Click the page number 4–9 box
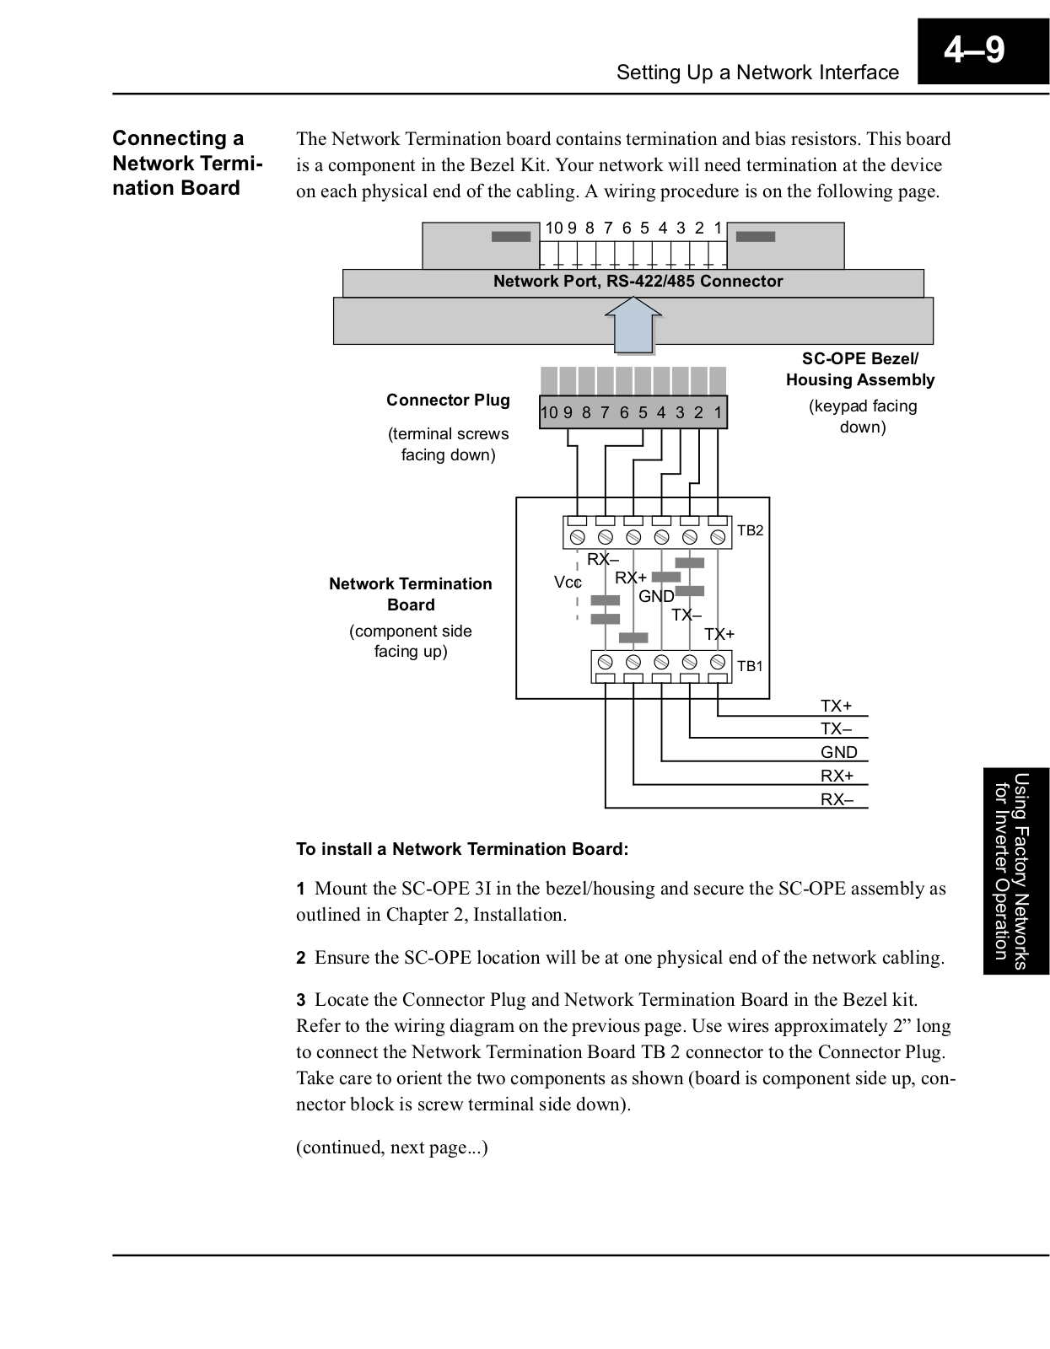point(983,51)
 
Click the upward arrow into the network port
point(633,325)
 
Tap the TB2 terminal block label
point(750,530)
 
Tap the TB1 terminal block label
point(750,666)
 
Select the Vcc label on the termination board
point(568,583)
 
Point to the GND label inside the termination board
point(656,596)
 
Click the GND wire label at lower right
point(839,752)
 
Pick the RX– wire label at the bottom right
point(837,799)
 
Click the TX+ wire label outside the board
point(837,706)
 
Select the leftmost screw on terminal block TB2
point(577,537)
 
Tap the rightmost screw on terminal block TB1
point(717,661)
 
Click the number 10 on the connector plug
point(549,413)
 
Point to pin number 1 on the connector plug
point(718,413)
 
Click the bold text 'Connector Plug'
point(448,400)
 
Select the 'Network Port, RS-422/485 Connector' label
point(638,282)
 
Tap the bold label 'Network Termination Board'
point(411,594)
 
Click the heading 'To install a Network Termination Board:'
point(462,849)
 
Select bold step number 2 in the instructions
point(300,958)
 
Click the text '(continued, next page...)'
point(392,1147)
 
